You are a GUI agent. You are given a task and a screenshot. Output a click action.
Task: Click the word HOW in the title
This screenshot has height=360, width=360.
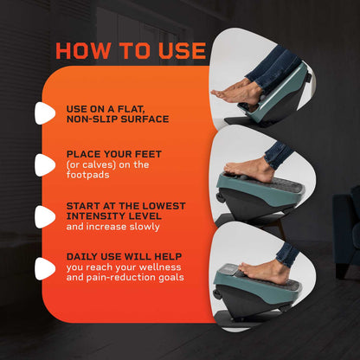(x=83, y=51)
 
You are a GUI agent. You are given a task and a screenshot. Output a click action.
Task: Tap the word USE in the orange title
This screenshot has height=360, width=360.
(x=182, y=51)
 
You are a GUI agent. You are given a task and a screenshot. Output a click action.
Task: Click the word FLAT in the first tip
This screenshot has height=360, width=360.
(x=131, y=109)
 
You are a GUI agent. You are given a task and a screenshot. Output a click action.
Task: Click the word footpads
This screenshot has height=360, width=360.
(x=87, y=175)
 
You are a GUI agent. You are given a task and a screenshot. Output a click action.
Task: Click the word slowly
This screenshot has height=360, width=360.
(x=145, y=227)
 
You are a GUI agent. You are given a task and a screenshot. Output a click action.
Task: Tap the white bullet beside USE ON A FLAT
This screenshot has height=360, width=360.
(x=44, y=113)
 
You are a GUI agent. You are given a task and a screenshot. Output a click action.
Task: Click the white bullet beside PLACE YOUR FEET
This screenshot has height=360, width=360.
(x=44, y=165)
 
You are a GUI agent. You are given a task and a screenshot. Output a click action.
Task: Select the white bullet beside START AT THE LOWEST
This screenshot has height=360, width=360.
(x=44, y=217)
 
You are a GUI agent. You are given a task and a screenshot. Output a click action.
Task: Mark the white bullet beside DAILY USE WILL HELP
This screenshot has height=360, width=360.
(x=44, y=269)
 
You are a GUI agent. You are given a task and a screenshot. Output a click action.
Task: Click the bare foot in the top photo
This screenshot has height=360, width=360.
(x=236, y=93)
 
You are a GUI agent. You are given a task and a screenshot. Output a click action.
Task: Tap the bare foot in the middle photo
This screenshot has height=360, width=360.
(x=249, y=170)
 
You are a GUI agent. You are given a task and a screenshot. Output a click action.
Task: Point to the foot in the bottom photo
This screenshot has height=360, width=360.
(x=264, y=270)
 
